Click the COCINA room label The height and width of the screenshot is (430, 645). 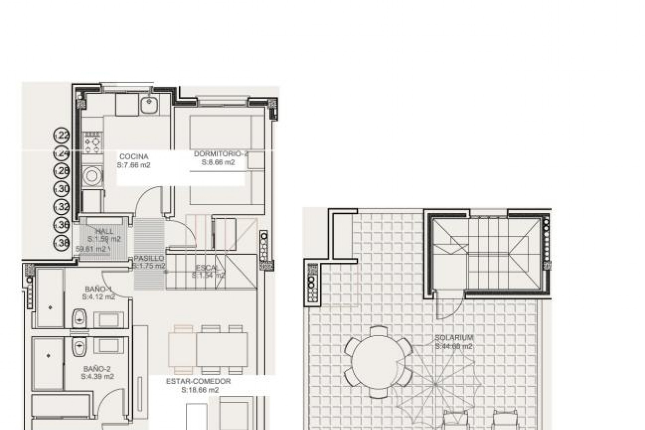click(134, 157)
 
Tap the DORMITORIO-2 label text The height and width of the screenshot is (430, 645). click(220, 154)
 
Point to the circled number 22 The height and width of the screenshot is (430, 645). click(62, 136)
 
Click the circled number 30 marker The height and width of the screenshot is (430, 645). click(62, 189)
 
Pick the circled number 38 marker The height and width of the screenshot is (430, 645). click(62, 242)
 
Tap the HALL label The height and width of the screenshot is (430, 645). click(104, 231)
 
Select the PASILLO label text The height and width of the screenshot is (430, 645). click(149, 258)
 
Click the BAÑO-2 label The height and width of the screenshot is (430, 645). click(97, 369)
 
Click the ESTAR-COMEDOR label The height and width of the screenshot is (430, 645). click(199, 381)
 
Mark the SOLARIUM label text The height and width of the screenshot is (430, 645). click(454, 338)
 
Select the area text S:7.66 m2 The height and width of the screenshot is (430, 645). click(133, 165)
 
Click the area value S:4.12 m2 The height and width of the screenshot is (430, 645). click(99, 297)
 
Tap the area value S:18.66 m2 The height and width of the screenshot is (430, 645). click(200, 390)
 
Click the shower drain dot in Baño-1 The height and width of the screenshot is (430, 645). click(50, 307)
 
